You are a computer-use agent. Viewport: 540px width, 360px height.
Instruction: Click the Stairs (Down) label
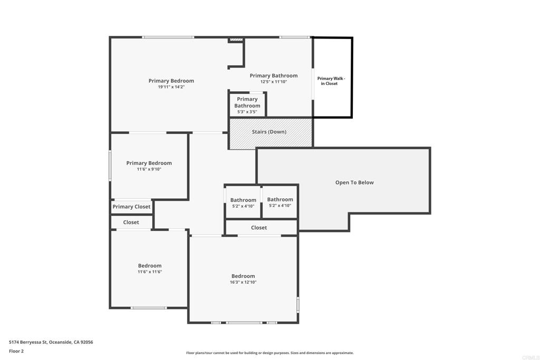[x=269, y=132]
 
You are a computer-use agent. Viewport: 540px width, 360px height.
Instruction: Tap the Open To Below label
[x=354, y=182]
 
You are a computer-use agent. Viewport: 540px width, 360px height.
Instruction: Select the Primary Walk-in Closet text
[x=331, y=81]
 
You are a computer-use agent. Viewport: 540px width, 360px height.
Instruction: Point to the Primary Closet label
[x=131, y=207]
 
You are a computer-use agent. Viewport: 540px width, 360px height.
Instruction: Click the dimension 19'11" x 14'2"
[x=171, y=87]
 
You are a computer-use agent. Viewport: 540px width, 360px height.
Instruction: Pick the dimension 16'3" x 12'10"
[x=243, y=282]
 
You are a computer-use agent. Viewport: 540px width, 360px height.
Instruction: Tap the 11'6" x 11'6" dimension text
[x=150, y=272]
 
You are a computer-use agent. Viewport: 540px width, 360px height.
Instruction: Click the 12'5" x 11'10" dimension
[x=274, y=82]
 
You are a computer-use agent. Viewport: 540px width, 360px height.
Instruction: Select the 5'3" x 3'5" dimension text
[x=247, y=112]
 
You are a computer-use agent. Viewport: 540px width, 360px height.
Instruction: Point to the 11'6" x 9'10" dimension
[x=149, y=169]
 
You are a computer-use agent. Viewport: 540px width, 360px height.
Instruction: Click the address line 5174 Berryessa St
[x=51, y=342]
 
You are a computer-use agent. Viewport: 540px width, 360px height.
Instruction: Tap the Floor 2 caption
[x=16, y=351]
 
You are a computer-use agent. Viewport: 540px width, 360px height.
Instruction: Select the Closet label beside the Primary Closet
[x=131, y=222]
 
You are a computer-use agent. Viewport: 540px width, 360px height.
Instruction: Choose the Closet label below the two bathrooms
[x=259, y=228]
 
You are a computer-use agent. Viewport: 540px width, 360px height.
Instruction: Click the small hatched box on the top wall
[x=236, y=40]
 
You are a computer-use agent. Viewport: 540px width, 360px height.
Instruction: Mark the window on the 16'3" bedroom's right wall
[x=298, y=305]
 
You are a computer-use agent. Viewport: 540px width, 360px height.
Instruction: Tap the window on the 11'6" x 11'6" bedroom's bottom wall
[x=149, y=308]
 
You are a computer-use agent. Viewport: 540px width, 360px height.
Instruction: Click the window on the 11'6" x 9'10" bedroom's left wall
[x=110, y=165]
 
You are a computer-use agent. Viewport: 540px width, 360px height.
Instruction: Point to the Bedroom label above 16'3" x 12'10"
[x=243, y=276]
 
